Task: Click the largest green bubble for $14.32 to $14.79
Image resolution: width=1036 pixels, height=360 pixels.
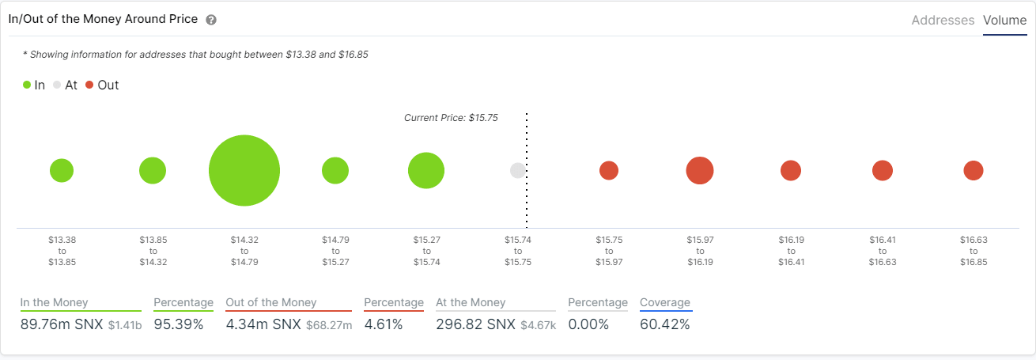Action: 244,171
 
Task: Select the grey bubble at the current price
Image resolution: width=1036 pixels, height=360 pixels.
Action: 517,171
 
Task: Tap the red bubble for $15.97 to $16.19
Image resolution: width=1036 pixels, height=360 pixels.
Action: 700,171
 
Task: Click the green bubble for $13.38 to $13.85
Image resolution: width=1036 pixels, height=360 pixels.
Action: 62,171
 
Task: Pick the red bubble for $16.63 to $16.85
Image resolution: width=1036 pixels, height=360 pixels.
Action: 974,171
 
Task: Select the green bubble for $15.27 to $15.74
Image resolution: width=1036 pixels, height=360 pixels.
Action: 426,171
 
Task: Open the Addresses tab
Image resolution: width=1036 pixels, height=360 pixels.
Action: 943,21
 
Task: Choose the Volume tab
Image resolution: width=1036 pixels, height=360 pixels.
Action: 1004,21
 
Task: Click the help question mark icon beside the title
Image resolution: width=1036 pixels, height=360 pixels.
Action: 211,20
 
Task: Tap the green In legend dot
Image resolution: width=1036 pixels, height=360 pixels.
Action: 27,85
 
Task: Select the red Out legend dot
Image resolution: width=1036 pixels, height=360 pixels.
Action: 89,85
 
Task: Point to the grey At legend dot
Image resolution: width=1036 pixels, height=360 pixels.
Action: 57,85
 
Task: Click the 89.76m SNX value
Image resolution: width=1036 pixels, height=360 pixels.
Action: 62,325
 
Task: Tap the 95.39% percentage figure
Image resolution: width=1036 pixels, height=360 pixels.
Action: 178,325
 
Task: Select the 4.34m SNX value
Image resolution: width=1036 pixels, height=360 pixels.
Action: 263,325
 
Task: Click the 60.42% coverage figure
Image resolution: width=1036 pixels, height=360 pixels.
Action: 664,325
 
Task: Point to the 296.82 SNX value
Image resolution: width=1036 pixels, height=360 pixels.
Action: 475,325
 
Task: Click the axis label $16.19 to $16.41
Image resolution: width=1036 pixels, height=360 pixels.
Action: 791,250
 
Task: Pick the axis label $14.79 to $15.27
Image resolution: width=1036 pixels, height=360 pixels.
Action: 335,250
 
